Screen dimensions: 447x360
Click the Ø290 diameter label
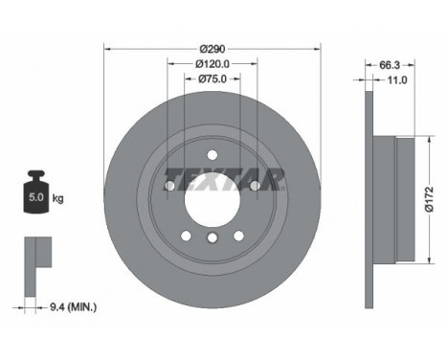[212, 49]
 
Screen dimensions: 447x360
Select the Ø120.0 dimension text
[212, 64]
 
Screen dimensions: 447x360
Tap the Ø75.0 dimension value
[212, 79]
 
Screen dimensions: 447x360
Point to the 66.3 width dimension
[390, 65]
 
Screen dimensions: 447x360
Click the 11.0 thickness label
[397, 79]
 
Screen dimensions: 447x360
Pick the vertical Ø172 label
[429, 199]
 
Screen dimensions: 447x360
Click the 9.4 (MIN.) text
[73, 307]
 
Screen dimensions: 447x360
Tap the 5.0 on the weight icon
[36, 197]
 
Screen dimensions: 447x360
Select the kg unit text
[57, 198]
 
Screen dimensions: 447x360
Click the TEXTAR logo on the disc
[223, 179]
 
